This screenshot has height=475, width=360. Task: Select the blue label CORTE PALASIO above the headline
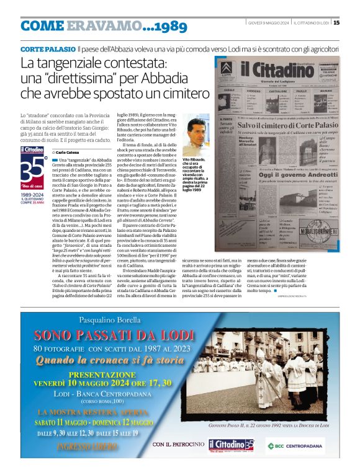47,48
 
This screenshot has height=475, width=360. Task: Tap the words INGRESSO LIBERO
88,445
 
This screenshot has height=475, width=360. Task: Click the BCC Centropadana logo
295,446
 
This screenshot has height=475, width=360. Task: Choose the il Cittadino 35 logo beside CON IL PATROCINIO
231,445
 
